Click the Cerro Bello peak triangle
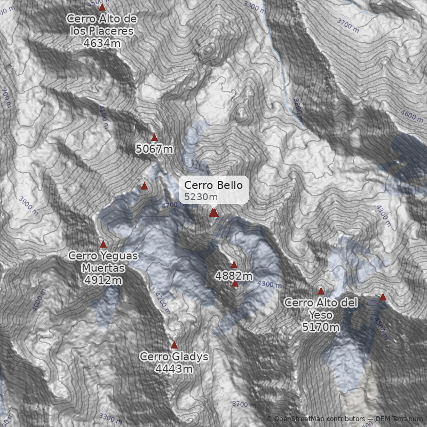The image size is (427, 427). point(213,213)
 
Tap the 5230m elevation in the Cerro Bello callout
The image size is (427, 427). point(197,197)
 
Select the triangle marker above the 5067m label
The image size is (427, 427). point(155,138)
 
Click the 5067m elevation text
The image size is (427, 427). point(154,149)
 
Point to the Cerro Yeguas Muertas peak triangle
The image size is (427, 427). point(103,244)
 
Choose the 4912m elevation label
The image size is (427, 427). point(103,280)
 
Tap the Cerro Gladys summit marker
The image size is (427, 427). point(174,345)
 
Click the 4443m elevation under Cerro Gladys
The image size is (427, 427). point(174,369)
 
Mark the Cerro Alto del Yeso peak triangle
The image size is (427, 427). point(321,291)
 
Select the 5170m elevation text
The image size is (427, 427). point(321,327)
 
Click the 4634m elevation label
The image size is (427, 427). point(102,43)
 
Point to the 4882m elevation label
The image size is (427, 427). point(234,276)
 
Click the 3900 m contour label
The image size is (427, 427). point(28,205)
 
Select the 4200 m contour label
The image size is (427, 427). point(162,303)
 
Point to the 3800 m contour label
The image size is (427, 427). point(297,106)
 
